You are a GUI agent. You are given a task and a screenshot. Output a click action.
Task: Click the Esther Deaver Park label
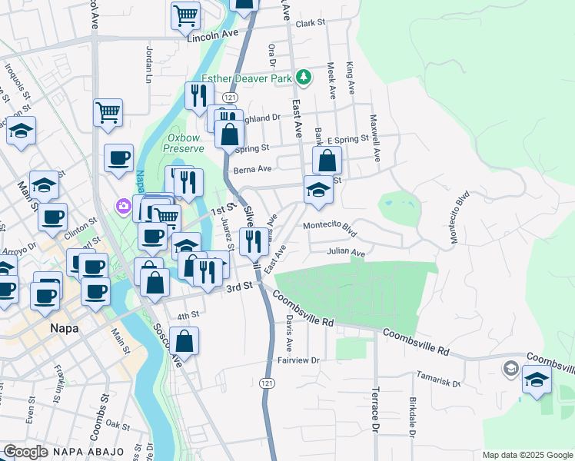(x=248, y=78)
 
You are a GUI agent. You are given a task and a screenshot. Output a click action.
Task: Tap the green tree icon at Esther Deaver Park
(x=304, y=77)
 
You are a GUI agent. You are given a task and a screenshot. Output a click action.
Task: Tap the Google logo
(x=25, y=451)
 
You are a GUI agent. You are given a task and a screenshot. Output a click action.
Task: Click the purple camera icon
(x=123, y=206)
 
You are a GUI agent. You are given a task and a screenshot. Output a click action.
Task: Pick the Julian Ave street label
(x=345, y=251)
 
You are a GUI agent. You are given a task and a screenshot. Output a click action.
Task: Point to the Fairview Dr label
(x=297, y=360)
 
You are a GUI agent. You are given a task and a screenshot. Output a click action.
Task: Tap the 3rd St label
(x=239, y=286)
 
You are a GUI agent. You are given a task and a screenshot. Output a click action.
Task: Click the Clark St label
(x=311, y=24)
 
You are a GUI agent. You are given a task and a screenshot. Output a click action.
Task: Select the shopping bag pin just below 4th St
(x=184, y=340)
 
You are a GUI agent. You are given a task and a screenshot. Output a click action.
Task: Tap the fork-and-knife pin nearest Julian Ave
(x=254, y=240)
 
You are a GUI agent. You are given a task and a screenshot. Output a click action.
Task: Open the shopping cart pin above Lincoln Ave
(x=185, y=15)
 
